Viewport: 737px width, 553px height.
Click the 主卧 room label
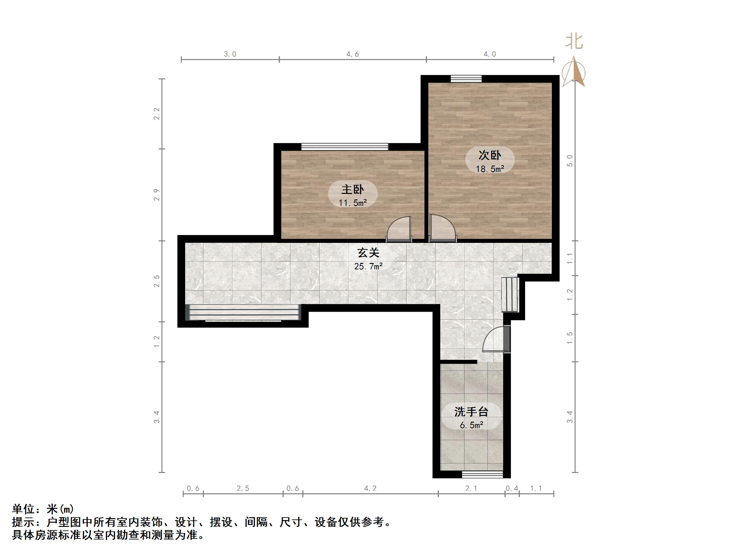[353, 190]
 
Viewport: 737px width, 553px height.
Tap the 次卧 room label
[490, 155]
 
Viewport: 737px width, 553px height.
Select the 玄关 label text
[368, 253]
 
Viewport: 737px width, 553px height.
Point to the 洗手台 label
[471, 412]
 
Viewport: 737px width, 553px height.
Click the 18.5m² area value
[490, 169]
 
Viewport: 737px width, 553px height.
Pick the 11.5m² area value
[353, 203]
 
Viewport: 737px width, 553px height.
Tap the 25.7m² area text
[368, 266]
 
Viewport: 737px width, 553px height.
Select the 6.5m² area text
[472, 425]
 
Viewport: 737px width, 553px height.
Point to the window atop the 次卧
[466, 79]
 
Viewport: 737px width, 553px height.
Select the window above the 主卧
[345, 147]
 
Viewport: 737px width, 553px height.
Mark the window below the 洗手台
[482, 475]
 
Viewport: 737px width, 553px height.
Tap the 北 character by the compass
[574, 42]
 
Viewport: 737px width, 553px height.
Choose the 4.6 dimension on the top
[353, 54]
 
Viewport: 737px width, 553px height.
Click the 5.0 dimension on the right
[570, 161]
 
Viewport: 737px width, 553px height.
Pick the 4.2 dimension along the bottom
[370, 488]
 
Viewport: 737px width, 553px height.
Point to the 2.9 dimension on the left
[157, 195]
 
